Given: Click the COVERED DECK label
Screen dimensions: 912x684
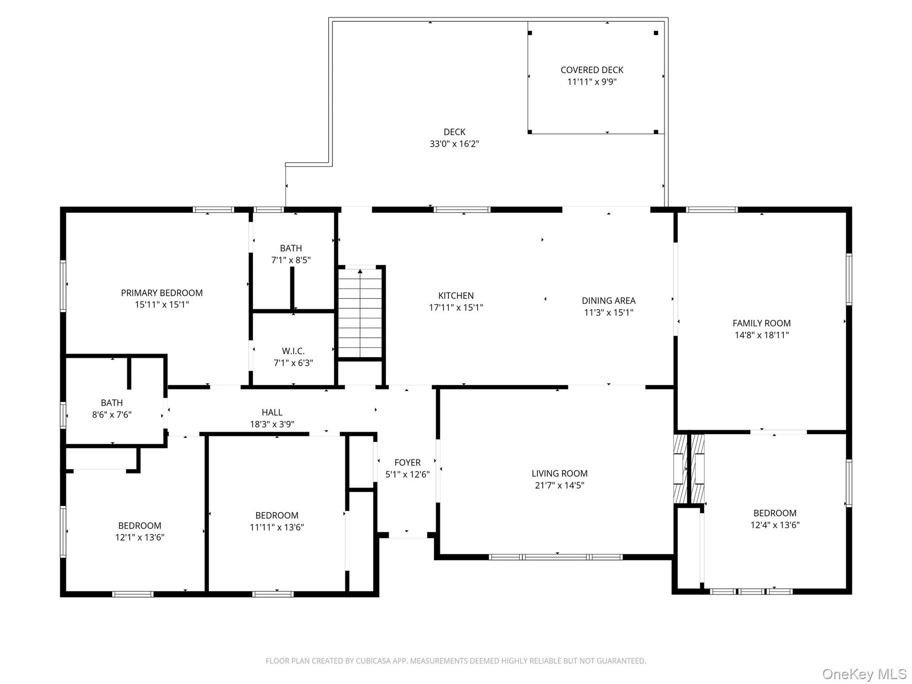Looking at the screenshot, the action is (592, 70).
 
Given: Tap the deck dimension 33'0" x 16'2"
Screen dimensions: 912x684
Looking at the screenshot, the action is (455, 144).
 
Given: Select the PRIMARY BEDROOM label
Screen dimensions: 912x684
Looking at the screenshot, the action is (162, 293).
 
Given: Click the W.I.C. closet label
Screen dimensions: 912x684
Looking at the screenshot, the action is (293, 351).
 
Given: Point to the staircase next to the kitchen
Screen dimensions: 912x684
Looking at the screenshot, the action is (360, 312).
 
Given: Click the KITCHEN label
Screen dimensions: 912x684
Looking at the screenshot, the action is (456, 295).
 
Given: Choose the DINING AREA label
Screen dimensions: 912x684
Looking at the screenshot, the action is (608, 301).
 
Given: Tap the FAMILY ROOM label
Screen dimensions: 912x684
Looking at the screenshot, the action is (761, 323).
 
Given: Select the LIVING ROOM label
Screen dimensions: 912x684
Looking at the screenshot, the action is (560, 474).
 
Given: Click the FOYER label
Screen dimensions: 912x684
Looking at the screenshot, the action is (408, 463).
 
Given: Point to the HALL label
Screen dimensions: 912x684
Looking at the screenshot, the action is (272, 413).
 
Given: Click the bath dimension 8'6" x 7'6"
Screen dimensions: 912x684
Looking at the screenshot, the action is (112, 415).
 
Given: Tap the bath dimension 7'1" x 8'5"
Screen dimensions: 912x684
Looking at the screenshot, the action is (291, 260).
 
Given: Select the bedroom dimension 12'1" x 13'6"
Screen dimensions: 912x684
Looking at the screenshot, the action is (140, 538).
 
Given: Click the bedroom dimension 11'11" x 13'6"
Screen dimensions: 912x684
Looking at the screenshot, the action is (277, 527).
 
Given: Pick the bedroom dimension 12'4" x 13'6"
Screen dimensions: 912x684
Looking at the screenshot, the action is (775, 525).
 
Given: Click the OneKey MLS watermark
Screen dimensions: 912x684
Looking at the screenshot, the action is (864, 674).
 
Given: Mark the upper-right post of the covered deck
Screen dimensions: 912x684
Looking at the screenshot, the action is (656, 33).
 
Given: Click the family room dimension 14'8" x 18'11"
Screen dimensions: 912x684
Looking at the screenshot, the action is (761, 335).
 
